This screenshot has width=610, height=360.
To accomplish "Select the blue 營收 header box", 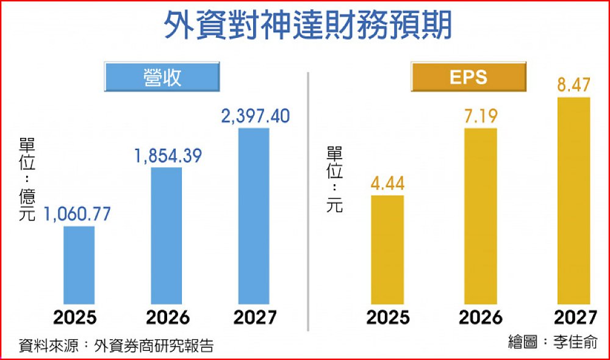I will [x=162, y=77].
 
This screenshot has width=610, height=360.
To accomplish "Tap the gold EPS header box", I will [x=468, y=77].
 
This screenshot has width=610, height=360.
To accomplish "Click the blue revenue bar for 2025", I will [x=79, y=265].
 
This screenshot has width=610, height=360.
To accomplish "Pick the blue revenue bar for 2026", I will [x=166, y=236].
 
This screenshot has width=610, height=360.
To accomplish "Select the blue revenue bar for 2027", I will [x=253, y=216].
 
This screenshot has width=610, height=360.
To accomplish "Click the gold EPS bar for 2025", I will [x=387, y=250].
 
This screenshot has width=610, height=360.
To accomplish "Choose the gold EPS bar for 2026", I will [x=481, y=216].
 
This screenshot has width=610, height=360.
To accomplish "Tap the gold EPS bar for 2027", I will [x=574, y=201].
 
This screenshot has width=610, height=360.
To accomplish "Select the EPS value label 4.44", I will [x=387, y=183].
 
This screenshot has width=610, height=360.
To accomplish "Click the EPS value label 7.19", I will [x=481, y=116].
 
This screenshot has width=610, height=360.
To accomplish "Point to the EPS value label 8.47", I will [x=574, y=85].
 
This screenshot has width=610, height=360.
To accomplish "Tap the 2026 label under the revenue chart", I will [x=167, y=318].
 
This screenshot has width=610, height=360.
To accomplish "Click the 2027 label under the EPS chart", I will [x=575, y=318].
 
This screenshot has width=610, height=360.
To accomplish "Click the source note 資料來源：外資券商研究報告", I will [x=116, y=345].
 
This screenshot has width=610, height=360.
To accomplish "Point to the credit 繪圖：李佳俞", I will [x=553, y=342].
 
